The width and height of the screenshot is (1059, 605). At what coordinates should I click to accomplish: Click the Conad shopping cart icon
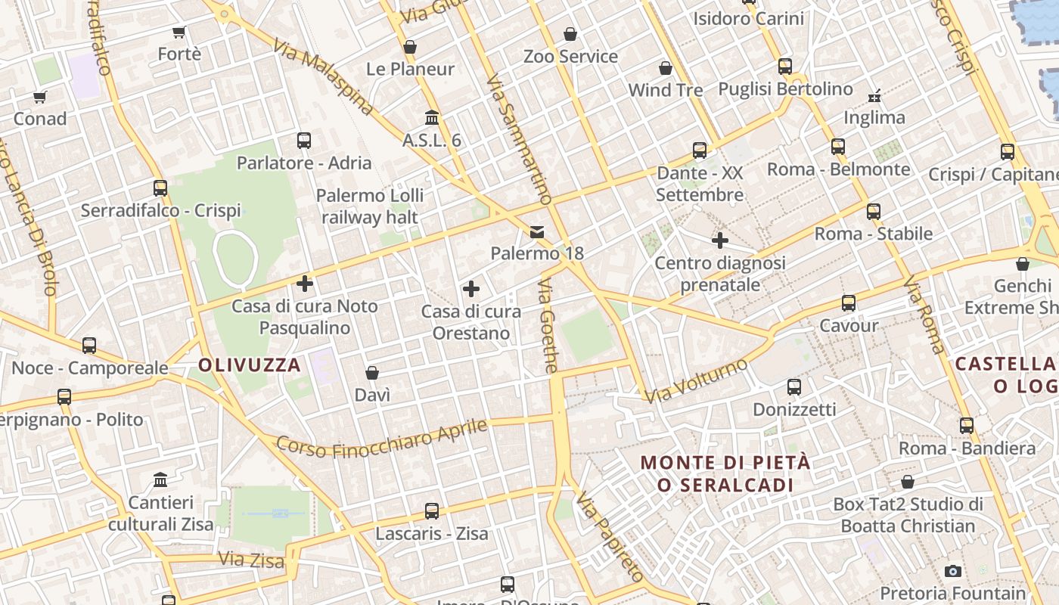40,97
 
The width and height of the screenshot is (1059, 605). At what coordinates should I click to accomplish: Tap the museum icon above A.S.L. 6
432,118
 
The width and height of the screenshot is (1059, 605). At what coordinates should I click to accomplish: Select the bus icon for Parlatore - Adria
304,141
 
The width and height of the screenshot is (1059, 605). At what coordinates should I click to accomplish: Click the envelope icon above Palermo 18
537,231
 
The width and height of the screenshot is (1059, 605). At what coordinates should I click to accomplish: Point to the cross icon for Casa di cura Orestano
471,289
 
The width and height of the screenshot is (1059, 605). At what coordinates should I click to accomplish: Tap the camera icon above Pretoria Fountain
953,571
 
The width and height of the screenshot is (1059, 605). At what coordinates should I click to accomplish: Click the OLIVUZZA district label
250,365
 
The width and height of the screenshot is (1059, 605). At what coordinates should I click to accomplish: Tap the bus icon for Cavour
849,304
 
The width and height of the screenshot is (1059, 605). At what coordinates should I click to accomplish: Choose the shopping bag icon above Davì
372,373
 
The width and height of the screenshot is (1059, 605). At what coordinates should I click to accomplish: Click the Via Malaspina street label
324,77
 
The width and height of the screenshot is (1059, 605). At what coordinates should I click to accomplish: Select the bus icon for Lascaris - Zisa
432,511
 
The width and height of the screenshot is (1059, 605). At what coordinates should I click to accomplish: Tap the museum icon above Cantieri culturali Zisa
160,480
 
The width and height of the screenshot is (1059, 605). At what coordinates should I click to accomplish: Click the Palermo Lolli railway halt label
370,206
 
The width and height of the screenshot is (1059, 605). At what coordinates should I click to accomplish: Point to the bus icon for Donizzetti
794,387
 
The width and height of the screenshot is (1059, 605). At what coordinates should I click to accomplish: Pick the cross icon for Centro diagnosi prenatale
720,241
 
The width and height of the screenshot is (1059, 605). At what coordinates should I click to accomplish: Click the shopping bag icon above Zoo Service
570,34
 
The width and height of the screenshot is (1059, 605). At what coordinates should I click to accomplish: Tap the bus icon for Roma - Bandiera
967,426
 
